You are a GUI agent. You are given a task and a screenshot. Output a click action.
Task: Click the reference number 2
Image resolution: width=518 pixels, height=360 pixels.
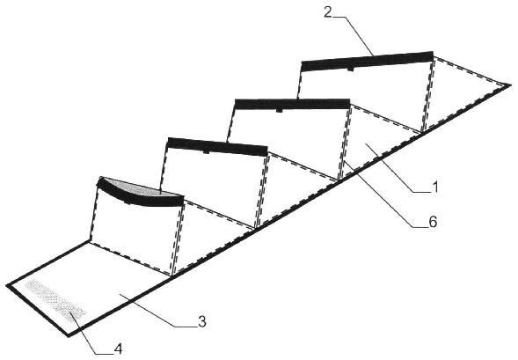pyautogui.click(x=327, y=12)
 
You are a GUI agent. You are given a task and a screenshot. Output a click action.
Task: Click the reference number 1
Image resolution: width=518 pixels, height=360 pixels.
pyautogui.click(x=435, y=187)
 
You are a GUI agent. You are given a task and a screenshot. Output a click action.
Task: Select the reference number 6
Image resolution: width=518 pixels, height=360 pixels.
pyautogui.click(x=433, y=222)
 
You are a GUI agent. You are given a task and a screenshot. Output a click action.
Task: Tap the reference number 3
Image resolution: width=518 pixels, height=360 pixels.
pyautogui.click(x=202, y=321)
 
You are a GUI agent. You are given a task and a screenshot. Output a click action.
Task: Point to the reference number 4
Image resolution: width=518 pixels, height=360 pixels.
pyautogui.click(x=118, y=349)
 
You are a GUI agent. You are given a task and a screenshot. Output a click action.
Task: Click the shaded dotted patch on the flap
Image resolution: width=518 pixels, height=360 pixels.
pyautogui.click(x=55, y=301)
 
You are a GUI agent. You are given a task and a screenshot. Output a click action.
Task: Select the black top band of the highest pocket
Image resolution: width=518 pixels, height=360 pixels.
pyautogui.click(x=367, y=61)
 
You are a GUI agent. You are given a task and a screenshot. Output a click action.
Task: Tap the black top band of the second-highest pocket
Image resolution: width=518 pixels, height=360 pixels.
pyautogui.click(x=292, y=104)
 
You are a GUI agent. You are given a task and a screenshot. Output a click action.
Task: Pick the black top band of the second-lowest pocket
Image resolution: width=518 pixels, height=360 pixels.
pyautogui.click(x=217, y=147)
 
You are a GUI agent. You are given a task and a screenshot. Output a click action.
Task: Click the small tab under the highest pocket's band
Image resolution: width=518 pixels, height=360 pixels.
pyautogui.click(x=350, y=69)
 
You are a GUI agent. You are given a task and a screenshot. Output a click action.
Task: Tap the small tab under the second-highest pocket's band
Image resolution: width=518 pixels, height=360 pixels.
pyautogui.click(x=280, y=110)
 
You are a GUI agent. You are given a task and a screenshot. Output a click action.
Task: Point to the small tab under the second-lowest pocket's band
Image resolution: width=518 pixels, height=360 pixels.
pyautogui.click(x=206, y=151)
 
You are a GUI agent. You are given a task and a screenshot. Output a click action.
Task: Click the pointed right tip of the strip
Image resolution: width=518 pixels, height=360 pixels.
pyautogui.click(x=511, y=85)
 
